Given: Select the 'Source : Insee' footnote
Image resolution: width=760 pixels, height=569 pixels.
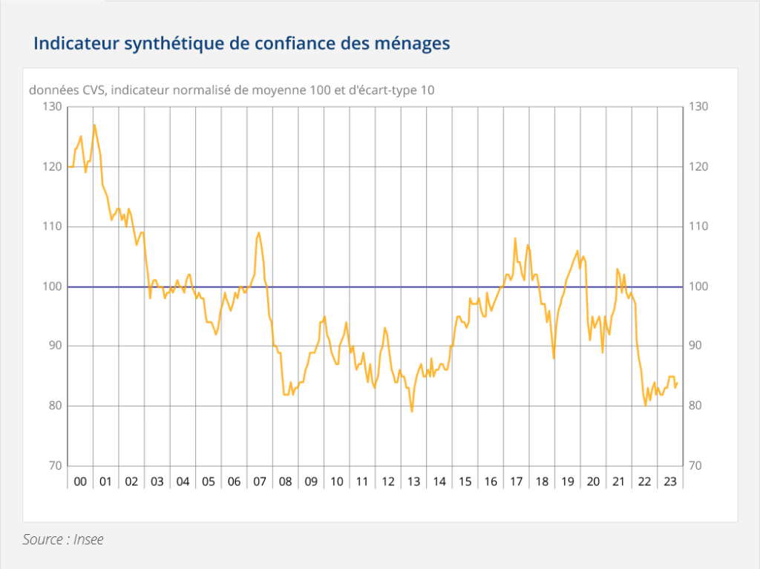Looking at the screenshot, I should pos(63,540).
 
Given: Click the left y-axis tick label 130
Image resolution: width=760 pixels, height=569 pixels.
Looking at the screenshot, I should pos(53,107).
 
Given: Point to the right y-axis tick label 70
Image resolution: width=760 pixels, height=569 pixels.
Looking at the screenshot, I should pos(698,466).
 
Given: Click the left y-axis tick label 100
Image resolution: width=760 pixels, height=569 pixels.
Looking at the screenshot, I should pos(53,286).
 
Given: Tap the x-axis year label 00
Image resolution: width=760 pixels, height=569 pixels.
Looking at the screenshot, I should pos(80,481).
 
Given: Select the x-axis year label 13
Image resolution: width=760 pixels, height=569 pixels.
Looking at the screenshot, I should pos(413,481).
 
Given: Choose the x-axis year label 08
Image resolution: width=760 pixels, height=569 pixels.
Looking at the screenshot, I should pos(285,481).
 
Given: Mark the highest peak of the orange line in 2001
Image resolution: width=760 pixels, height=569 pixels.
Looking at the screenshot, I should pos(94,125).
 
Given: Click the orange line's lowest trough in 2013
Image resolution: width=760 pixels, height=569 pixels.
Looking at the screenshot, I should pos(412,411).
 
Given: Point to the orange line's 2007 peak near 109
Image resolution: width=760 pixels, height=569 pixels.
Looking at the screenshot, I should pos(259,233).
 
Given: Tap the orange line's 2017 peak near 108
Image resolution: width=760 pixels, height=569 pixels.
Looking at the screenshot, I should pos(515,238).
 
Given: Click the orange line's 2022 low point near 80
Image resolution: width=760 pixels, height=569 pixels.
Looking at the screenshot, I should pos(646,405).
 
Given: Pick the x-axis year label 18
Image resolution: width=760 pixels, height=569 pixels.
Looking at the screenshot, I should pos(542,481).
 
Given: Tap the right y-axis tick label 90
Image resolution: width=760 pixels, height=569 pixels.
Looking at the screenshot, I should pos(698,346).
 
